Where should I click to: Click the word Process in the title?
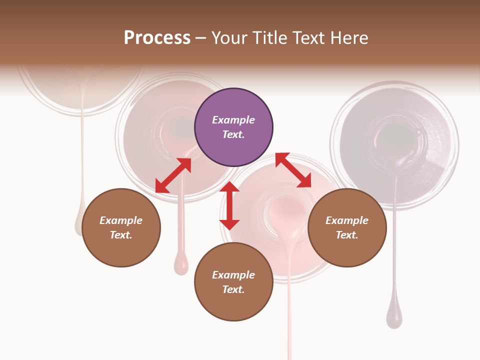click(x=157, y=37)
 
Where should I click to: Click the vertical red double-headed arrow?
click(x=229, y=206)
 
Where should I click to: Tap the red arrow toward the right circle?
click(x=293, y=170)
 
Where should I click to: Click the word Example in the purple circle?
click(x=233, y=120)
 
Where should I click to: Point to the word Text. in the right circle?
click(x=347, y=235)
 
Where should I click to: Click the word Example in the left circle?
click(x=121, y=220)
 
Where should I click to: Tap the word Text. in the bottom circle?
click(x=233, y=289)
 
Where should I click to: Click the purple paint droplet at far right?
click(x=394, y=317)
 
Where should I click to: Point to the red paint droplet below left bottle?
click(x=181, y=263)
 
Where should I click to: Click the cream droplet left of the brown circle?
click(x=78, y=225)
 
